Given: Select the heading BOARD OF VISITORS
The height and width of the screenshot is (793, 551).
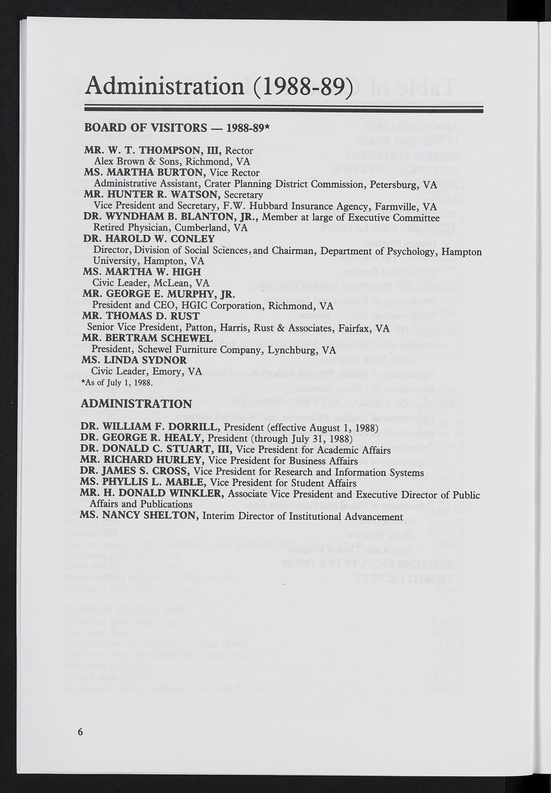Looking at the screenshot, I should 145,128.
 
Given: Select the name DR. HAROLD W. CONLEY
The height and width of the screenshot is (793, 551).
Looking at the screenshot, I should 149,239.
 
